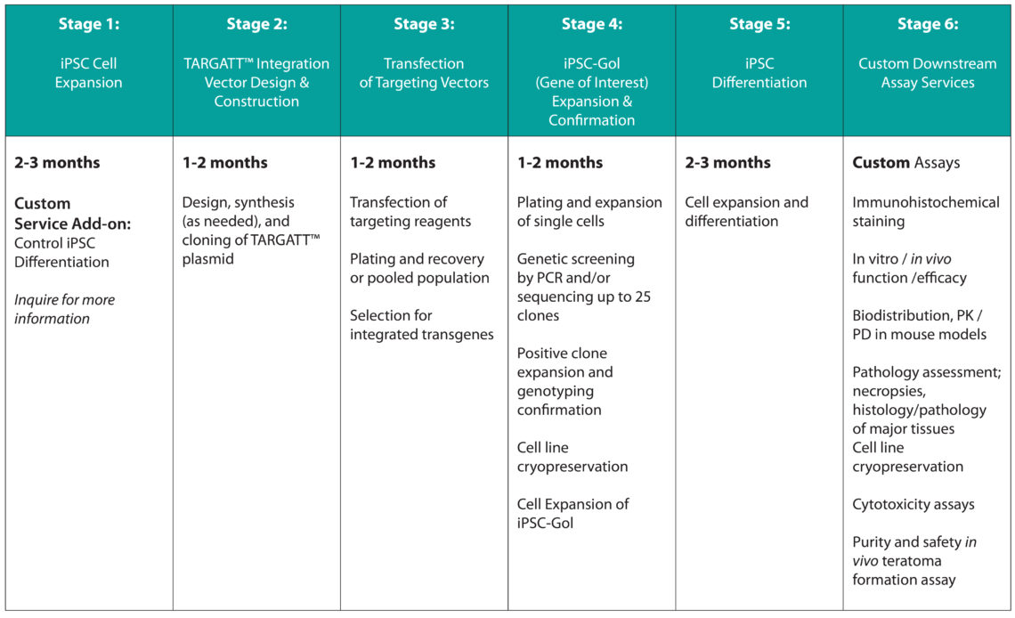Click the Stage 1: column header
pyautogui.click(x=89, y=24)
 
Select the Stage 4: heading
pyautogui.click(x=591, y=24)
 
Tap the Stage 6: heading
pyautogui.click(x=928, y=24)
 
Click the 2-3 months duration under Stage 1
pyautogui.click(x=57, y=163)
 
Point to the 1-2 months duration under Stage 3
pyautogui.click(x=393, y=163)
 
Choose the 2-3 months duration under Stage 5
pyautogui.click(x=727, y=163)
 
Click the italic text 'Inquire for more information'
pyautogui.click(x=64, y=309)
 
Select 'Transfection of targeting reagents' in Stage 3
pyautogui.click(x=410, y=212)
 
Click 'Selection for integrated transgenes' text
pyautogui.click(x=421, y=325)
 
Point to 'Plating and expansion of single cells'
pyautogui.click(x=589, y=212)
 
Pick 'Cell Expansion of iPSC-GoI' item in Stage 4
pyautogui.click(x=572, y=513)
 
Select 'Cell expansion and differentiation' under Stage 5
pyautogui.click(x=746, y=212)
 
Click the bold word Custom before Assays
pyautogui.click(x=881, y=163)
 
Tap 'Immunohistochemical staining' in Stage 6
pyautogui.click(x=925, y=212)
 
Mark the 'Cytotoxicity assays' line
pyautogui.click(x=913, y=504)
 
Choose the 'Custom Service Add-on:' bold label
pyautogui.click(x=72, y=213)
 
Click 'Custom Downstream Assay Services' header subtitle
pyautogui.click(x=928, y=73)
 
